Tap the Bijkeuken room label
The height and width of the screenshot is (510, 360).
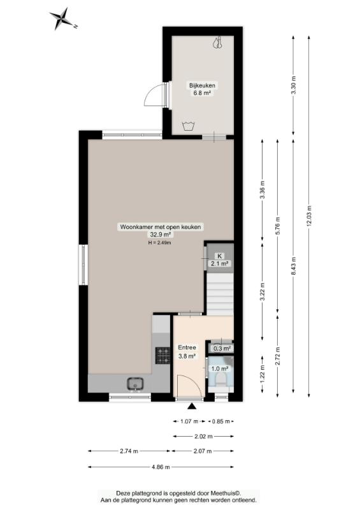pos(202,85)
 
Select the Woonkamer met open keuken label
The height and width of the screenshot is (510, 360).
pos(161,227)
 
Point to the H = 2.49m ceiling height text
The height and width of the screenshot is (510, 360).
pos(160,242)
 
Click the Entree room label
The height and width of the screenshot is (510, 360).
pos(187,347)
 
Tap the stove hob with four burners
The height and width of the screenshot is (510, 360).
pos(162,355)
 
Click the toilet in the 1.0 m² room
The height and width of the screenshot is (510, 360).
pos(221,379)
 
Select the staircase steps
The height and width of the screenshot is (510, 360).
pos(220,295)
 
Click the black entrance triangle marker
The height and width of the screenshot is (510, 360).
pos(192,406)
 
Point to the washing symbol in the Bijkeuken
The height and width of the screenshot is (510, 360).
pos(189,126)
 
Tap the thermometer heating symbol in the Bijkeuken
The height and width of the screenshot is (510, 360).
pos(218,43)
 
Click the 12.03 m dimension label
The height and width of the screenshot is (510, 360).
pos(309,215)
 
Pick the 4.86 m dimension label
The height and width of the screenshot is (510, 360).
pos(161,467)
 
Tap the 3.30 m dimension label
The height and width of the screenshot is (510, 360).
pos(293,85)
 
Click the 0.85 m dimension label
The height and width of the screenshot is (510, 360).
pos(221,421)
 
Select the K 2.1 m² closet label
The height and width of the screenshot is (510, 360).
pos(220,260)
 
